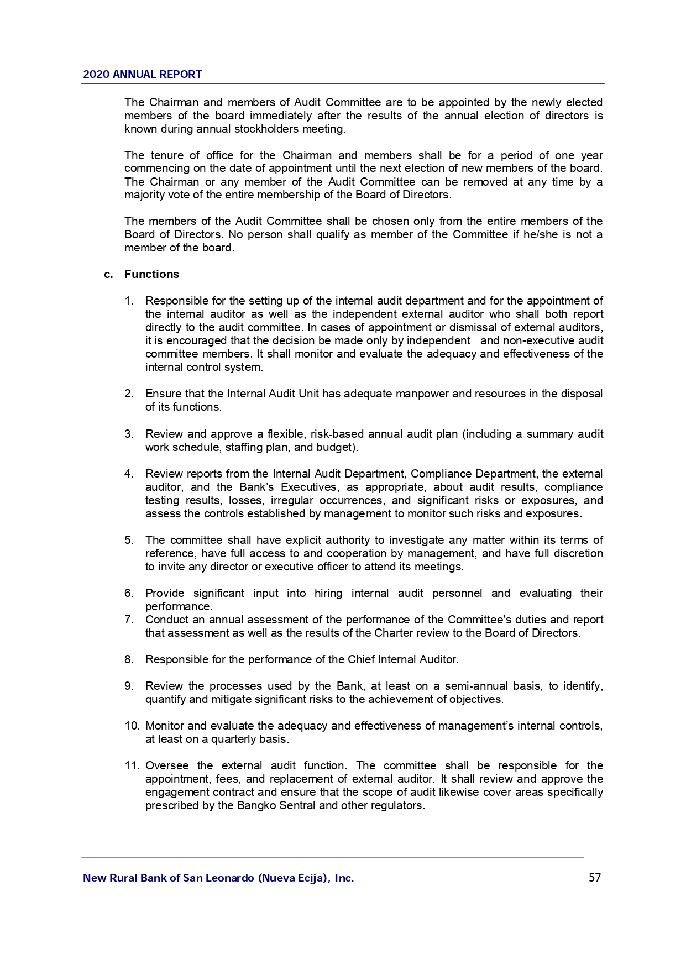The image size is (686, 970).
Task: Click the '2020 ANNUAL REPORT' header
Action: (x=142, y=74)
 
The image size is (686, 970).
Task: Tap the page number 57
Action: (x=595, y=878)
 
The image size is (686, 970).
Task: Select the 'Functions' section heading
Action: (x=151, y=274)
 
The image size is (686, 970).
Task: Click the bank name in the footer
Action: (x=218, y=878)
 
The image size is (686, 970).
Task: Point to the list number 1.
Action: (x=129, y=301)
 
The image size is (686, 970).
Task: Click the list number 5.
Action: (x=129, y=540)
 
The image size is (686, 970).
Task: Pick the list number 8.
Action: (x=129, y=659)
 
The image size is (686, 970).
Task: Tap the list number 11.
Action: (x=132, y=765)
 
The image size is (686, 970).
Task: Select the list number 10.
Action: (x=132, y=726)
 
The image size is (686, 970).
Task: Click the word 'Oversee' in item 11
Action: (x=166, y=765)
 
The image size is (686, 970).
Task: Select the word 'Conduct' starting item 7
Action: (x=166, y=620)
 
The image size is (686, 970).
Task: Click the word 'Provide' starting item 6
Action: (x=165, y=593)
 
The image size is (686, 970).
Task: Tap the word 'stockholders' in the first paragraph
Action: (x=267, y=129)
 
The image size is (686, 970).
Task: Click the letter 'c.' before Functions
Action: (x=109, y=274)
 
